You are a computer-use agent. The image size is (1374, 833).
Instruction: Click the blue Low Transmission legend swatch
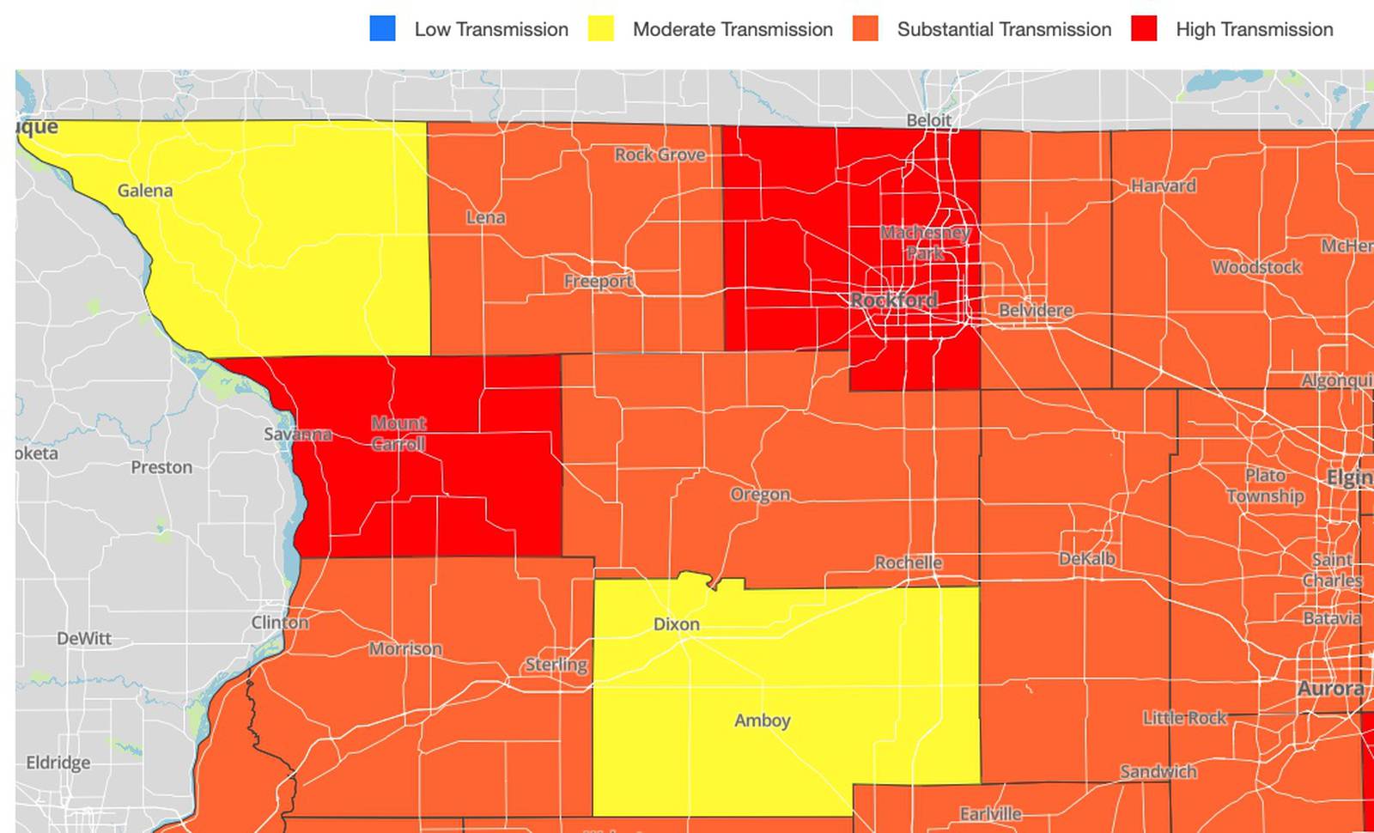click(x=382, y=28)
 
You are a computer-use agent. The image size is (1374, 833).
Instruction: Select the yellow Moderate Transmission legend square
click(x=601, y=28)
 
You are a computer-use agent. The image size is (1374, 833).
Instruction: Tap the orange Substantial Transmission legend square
click(x=866, y=28)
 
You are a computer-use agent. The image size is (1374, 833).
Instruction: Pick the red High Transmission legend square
click(x=1144, y=28)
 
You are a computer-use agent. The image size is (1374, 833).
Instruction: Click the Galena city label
click(x=145, y=191)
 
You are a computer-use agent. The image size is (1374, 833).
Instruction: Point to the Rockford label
click(x=894, y=301)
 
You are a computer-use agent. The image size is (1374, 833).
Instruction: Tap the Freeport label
click(x=598, y=281)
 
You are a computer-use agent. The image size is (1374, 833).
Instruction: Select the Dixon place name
click(x=677, y=624)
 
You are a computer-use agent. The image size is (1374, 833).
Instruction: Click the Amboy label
click(x=763, y=721)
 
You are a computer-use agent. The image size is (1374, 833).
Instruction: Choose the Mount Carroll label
click(x=398, y=434)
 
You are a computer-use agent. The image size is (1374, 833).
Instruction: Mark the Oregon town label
click(x=760, y=495)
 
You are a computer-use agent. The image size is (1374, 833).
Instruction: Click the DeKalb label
click(x=1087, y=559)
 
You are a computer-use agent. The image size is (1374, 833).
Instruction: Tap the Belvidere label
click(x=1036, y=310)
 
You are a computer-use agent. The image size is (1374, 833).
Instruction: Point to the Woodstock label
click(x=1256, y=267)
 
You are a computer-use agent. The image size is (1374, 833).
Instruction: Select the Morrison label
click(x=405, y=648)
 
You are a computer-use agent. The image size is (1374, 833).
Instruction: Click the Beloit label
click(x=928, y=120)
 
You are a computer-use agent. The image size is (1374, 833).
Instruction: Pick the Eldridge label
click(x=58, y=763)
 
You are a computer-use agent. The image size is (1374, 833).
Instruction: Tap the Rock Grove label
click(x=660, y=155)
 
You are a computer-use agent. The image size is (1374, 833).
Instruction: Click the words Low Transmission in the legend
click(x=491, y=29)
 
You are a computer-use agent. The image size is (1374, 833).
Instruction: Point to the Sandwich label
click(x=1158, y=771)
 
